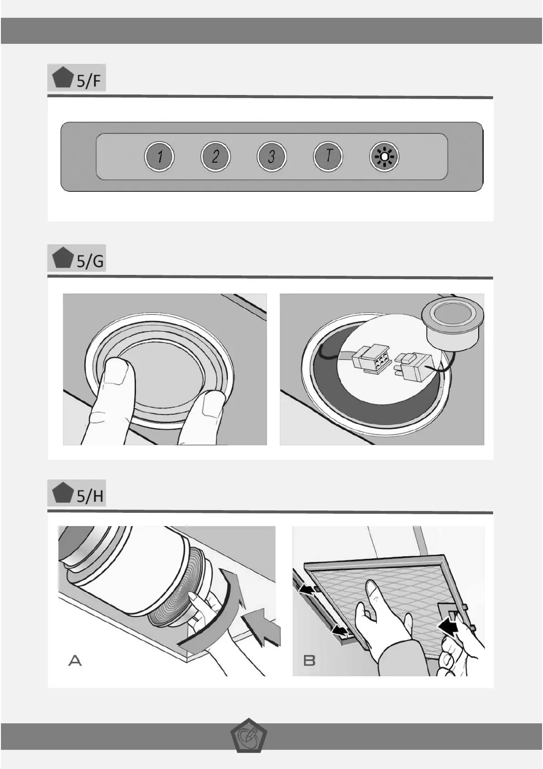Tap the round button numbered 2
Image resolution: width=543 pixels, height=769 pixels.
click(215, 157)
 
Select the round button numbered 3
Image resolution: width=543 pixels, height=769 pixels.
click(271, 157)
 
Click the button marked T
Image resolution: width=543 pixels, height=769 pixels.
click(328, 157)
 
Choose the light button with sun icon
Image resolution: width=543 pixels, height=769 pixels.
click(384, 157)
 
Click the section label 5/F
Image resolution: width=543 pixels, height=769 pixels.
click(89, 80)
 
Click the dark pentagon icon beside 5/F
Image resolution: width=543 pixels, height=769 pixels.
click(63, 78)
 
